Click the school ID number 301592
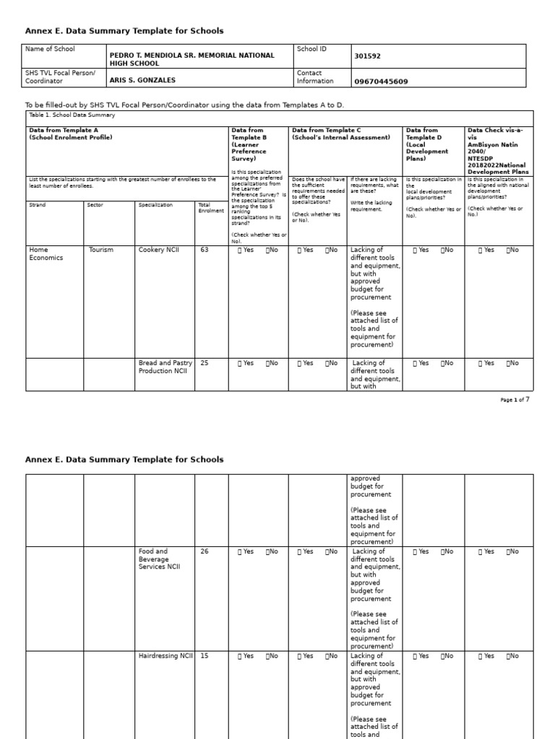(x=369, y=56)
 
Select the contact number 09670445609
(x=381, y=82)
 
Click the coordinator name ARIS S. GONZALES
(x=142, y=81)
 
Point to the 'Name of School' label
(x=50, y=49)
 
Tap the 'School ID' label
(x=311, y=49)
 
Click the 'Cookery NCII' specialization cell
(x=159, y=250)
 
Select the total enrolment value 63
(x=205, y=250)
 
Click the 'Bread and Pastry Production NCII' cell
(x=165, y=367)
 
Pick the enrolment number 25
(x=205, y=363)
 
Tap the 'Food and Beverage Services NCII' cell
(x=160, y=559)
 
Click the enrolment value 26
(x=205, y=551)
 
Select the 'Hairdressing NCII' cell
(x=165, y=656)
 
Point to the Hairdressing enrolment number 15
(x=205, y=656)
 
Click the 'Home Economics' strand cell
(x=46, y=253)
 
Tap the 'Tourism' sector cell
(x=100, y=250)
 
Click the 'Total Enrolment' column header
(x=210, y=208)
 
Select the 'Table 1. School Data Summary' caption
(x=72, y=115)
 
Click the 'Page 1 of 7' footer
(x=515, y=399)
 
